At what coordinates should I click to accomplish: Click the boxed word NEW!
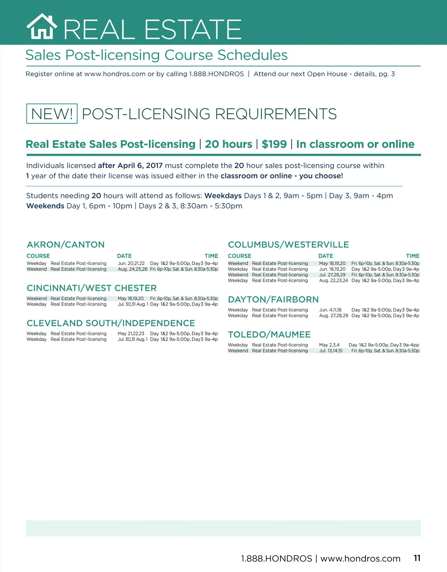click(52, 114)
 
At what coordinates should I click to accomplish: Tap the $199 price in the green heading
click(274, 144)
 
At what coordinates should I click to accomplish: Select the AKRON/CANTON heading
click(66, 245)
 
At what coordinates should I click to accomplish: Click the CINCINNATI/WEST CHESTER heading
click(92, 288)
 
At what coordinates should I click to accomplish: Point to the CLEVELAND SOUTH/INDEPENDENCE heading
click(111, 323)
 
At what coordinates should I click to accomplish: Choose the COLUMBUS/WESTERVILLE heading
click(288, 245)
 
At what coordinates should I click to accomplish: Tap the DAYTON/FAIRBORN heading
click(273, 300)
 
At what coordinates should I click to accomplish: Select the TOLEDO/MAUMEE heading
click(269, 335)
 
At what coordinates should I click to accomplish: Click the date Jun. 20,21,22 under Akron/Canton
click(131, 263)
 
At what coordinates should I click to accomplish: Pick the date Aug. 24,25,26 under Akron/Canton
click(133, 269)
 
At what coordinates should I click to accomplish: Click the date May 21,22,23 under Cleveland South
click(131, 334)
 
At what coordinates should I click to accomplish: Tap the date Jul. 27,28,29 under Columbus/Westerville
click(332, 275)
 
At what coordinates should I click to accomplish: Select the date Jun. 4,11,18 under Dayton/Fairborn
click(330, 310)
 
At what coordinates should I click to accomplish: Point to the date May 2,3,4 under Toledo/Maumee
click(329, 345)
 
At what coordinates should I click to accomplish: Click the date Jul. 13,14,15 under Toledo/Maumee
click(331, 351)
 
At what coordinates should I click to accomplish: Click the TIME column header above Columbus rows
click(412, 256)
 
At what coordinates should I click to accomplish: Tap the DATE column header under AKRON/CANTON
click(124, 256)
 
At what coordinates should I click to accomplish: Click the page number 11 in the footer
click(417, 558)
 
